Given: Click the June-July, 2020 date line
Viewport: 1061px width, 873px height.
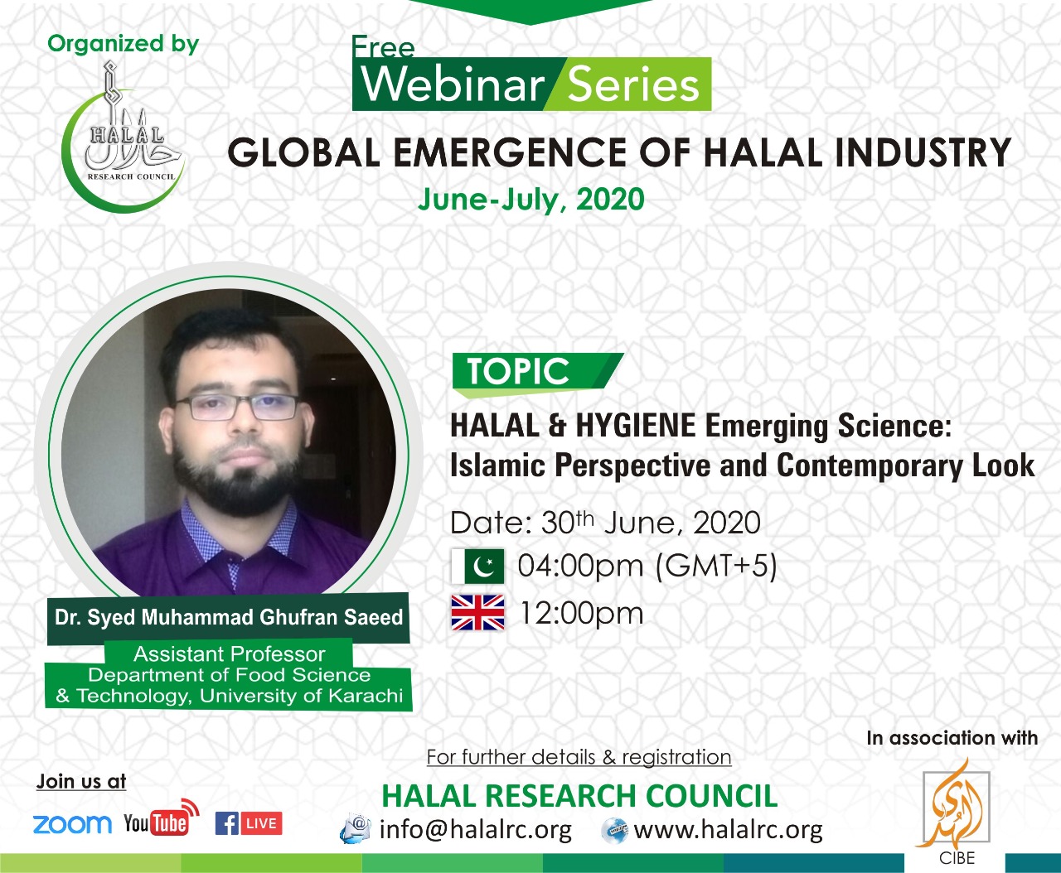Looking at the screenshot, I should tap(530, 200).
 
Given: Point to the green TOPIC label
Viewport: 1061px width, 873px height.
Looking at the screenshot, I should tap(519, 371).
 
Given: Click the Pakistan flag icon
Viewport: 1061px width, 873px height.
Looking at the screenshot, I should tap(477, 567).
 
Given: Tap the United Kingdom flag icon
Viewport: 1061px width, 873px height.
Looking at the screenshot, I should tap(477, 613).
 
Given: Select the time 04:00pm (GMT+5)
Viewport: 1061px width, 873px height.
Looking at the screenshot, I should tap(647, 567).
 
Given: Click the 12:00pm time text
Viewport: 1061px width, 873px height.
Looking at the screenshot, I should tap(581, 613).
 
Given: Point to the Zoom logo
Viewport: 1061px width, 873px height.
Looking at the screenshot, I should tap(72, 824).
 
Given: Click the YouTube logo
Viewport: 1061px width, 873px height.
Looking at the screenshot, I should tap(160, 820).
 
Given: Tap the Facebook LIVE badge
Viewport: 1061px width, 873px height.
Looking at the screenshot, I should tap(249, 823).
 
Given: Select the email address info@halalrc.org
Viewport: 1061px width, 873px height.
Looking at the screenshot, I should tap(475, 829).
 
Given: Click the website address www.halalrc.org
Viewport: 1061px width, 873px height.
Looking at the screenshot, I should tap(728, 829).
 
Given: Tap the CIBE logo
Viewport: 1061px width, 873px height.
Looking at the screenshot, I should tap(957, 816).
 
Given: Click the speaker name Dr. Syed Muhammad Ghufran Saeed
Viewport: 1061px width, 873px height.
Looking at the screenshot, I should tap(229, 618).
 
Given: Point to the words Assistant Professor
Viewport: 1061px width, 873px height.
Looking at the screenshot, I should tap(229, 654).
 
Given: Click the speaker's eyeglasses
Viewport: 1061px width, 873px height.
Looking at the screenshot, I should tap(236, 407).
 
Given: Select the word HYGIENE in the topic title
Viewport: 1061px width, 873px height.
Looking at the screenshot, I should tap(635, 426).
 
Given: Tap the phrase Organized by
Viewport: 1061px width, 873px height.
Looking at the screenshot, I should tap(124, 44).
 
